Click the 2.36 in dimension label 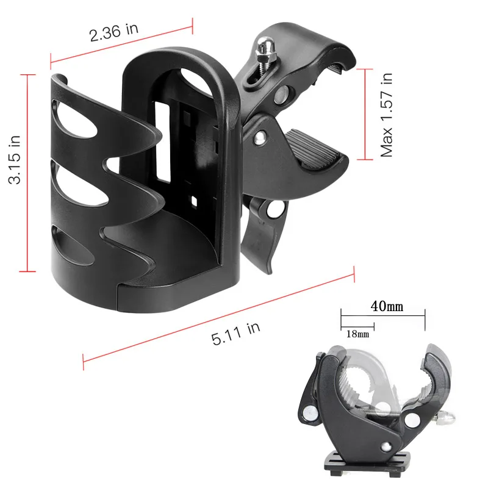[114, 32]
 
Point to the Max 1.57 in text [387, 115]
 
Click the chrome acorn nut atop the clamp [265, 46]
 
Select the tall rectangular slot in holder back [163, 143]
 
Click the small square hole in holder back [193, 200]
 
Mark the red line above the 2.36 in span [121, 41]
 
